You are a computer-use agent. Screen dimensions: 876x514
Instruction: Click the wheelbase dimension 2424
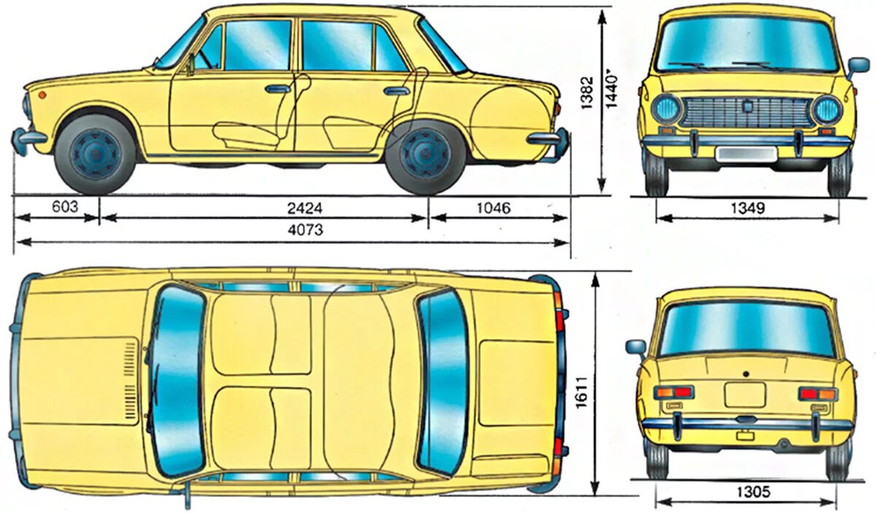point(304,208)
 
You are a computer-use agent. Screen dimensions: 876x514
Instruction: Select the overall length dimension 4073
point(304,230)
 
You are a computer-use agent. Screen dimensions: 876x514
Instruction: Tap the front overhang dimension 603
point(64,207)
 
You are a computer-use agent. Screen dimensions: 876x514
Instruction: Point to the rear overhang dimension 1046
point(493,208)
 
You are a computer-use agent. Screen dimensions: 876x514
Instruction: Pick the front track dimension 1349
point(746,209)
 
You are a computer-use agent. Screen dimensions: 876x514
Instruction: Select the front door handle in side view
point(277,89)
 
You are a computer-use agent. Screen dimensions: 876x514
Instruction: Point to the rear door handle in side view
point(396,91)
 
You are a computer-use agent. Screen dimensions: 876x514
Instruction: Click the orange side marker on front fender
point(42,94)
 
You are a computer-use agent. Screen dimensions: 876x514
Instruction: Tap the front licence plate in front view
point(746,153)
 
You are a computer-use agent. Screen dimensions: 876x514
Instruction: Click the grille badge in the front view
point(748,107)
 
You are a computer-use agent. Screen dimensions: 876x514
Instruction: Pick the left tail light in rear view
point(673,393)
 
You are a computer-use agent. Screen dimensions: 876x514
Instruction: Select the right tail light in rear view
point(818,394)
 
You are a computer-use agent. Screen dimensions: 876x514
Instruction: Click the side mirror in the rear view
point(635,347)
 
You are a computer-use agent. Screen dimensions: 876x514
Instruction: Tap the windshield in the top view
point(177,380)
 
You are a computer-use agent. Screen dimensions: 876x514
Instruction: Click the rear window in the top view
point(443,380)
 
